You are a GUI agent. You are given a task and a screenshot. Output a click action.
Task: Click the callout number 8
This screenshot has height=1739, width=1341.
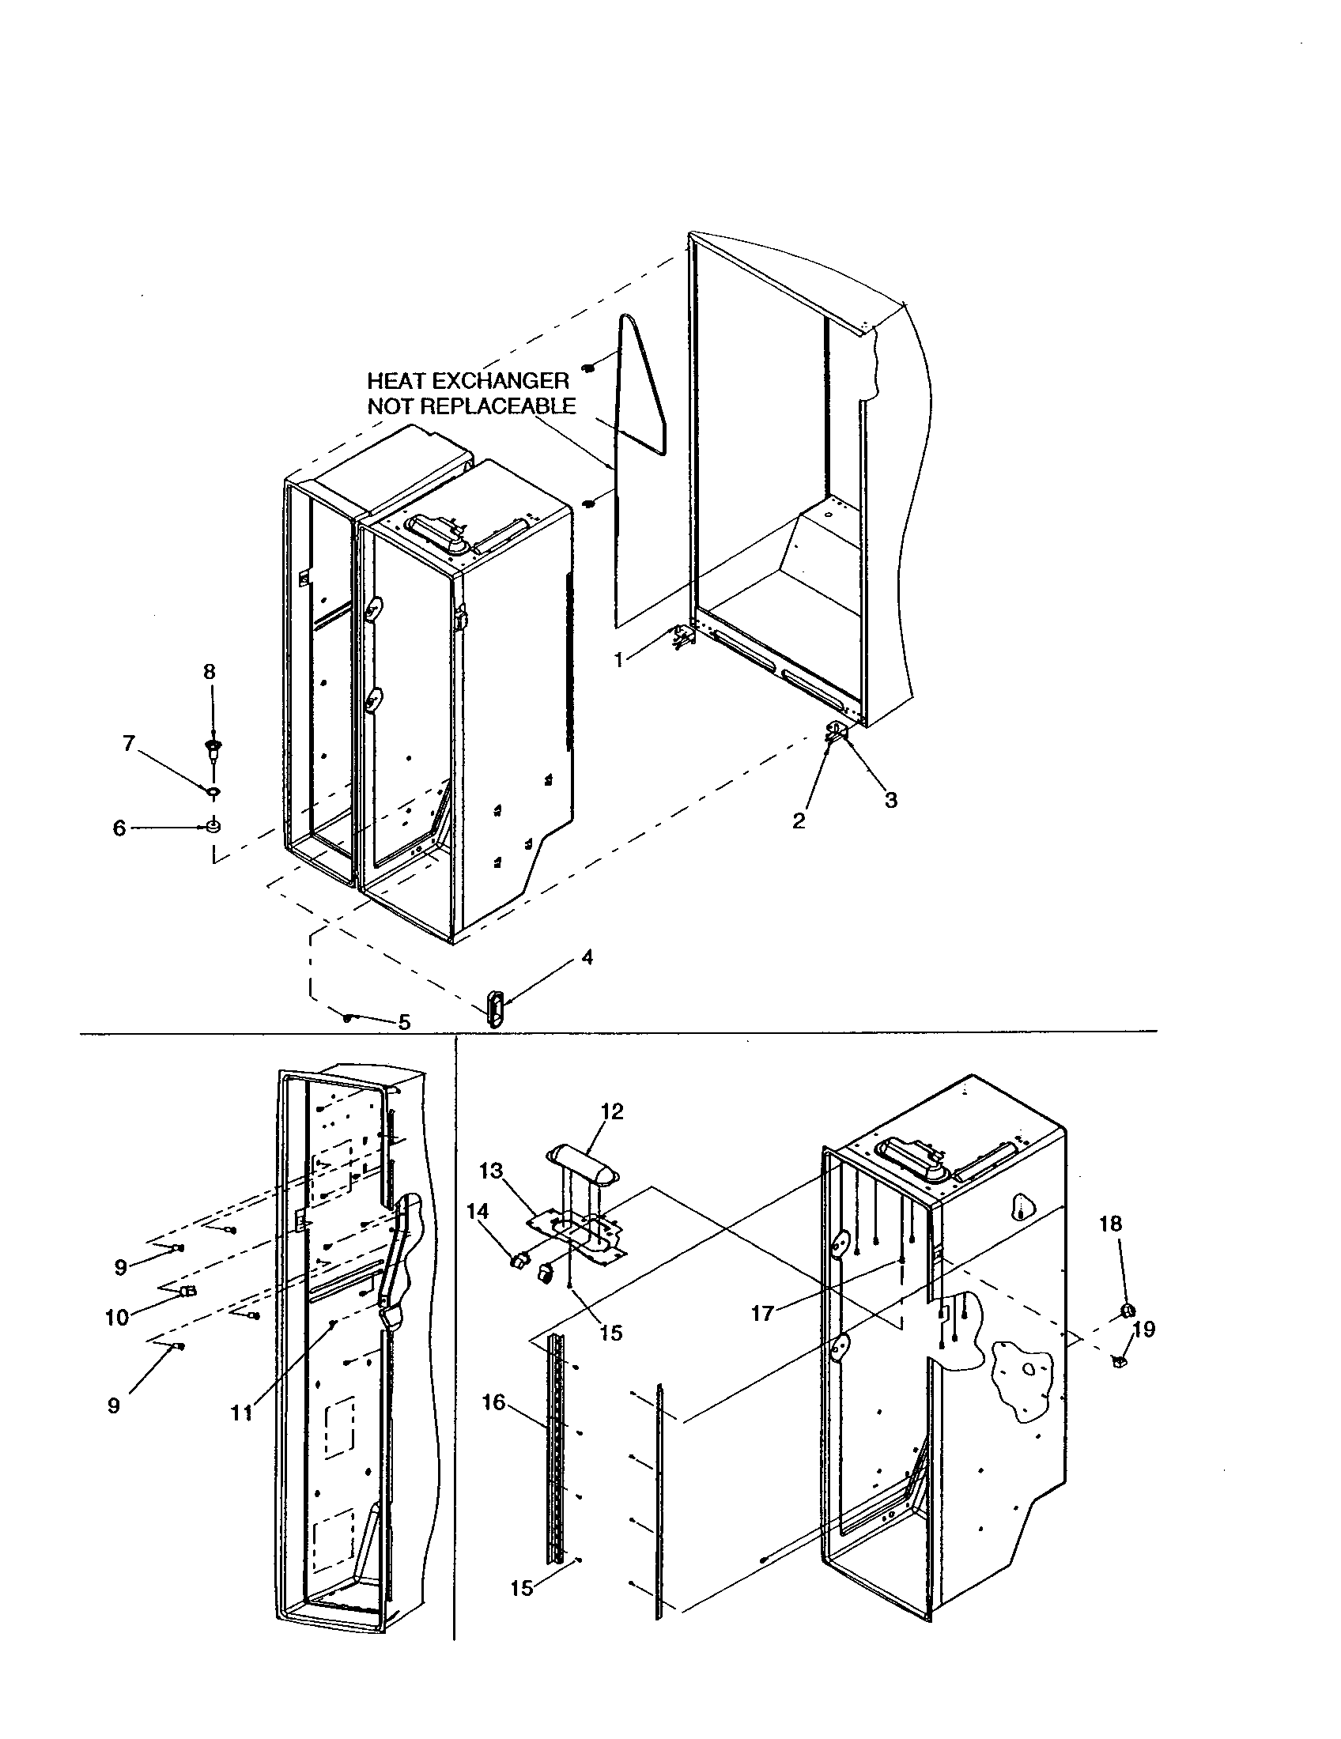pyautogui.click(x=209, y=672)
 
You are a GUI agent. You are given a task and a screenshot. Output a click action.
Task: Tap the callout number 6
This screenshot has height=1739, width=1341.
pyautogui.click(x=119, y=828)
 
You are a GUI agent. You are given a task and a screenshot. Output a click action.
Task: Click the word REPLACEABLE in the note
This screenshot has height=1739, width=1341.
pyautogui.click(x=497, y=406)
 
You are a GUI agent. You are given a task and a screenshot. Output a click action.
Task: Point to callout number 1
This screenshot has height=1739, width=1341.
pyautogui.click(x=620, y=659)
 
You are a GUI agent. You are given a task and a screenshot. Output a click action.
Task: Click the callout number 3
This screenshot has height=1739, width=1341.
pyautogui.click(x=890, y=800)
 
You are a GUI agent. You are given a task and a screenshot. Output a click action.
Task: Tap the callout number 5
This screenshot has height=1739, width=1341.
pyautogui.click(x=405, y=1022)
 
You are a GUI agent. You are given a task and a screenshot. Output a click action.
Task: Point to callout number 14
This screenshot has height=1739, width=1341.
pyautogui.click(x=477, y=1211)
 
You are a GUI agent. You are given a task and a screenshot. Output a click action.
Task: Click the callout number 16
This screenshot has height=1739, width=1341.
pyautogui.click(x=493, y=1401)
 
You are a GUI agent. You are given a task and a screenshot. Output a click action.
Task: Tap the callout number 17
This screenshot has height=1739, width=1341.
pyautogui.click(x=762, y=1313)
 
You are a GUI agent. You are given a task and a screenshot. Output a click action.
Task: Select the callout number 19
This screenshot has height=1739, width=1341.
pyautogui.click(x=1143, y=1329)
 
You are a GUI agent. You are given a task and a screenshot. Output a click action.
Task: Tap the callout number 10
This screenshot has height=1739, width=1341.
pyautogui.click(x=117, y=1318)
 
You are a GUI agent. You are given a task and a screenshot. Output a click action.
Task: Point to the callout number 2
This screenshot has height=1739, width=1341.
pyautogui.click(x=799, y=821)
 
